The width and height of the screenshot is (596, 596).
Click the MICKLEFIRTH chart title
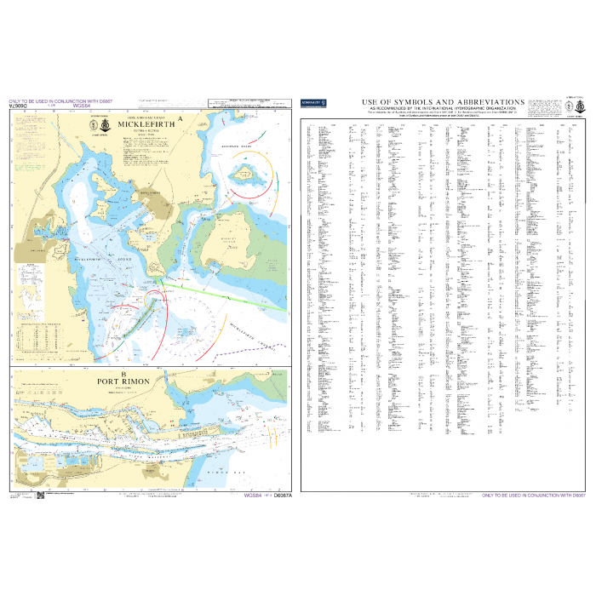[148, 124]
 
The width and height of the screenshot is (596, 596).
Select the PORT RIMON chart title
[124, 381]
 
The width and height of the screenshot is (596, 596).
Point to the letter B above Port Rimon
[124, 374]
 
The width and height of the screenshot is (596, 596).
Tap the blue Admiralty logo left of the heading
[313, 103]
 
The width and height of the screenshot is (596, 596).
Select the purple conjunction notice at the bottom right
[535, 496]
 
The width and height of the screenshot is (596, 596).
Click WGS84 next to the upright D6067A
[253, 495]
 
